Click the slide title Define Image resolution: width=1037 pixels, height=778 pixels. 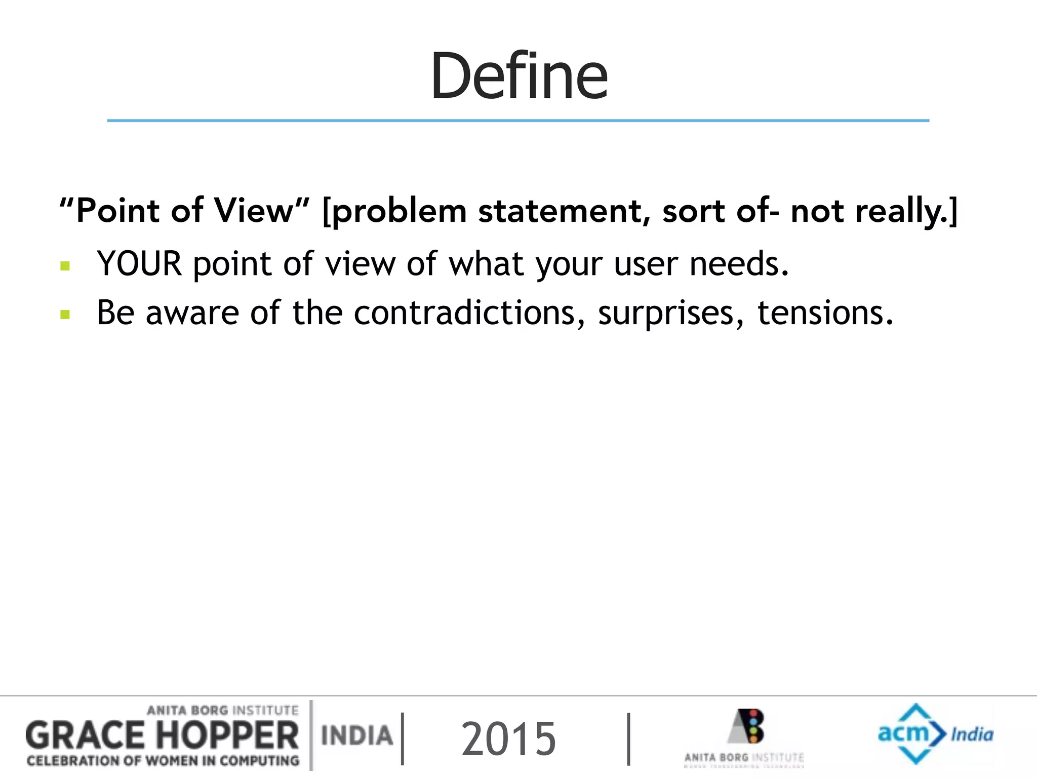[518, 76]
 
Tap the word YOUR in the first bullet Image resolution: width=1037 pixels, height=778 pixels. [139, 264]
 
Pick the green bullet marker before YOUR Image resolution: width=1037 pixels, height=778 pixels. [65, 266]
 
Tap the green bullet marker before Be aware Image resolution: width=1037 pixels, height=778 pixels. [65, 315]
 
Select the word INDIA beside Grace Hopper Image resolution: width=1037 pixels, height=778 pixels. [357, 735]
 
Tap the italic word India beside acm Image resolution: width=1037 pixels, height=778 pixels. [972, 734]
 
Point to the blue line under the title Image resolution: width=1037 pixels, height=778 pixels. [518, 121]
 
